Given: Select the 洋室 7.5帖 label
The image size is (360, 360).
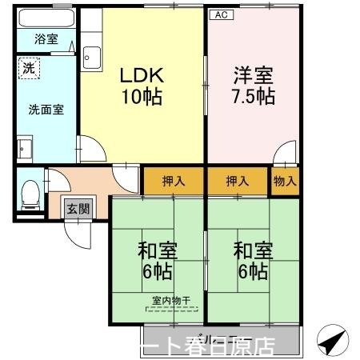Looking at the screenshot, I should point(254,86).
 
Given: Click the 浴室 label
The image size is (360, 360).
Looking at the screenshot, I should point(46,38).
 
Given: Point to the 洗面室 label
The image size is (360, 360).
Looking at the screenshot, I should point(46,110).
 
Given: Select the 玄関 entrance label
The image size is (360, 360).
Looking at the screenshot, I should point(78,209).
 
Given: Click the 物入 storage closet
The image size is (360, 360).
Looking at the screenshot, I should point(284,181).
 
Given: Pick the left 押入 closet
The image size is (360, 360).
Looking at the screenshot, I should point(174,181).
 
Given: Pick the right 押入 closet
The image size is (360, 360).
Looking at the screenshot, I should point(238,181).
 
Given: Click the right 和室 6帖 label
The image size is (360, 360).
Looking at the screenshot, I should point(252,260).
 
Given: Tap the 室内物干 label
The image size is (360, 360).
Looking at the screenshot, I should point(172,302).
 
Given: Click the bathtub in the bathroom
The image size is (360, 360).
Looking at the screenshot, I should point(46,18).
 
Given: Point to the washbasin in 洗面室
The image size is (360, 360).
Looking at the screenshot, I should point(24,150).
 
